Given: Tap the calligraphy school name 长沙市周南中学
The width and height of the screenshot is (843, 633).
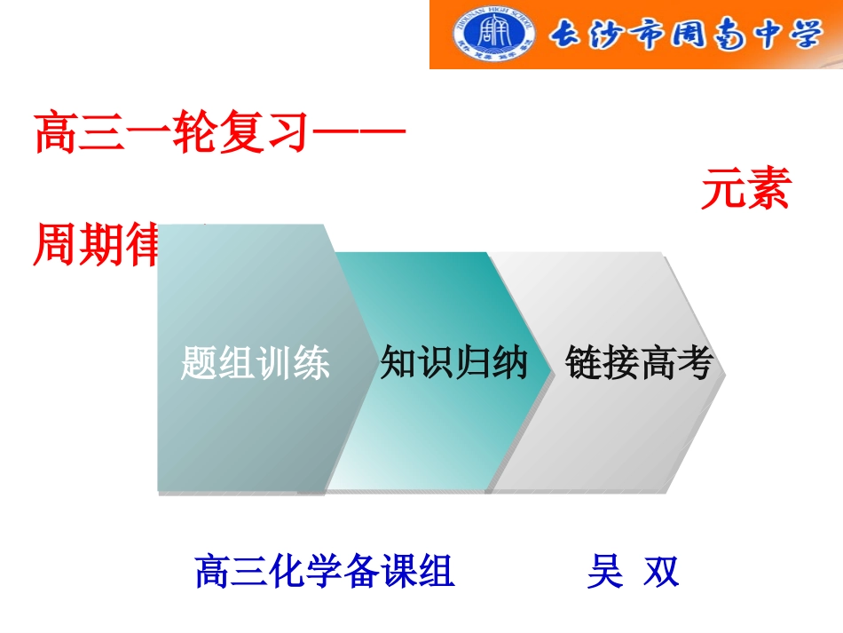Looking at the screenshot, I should click(x=686, y=36).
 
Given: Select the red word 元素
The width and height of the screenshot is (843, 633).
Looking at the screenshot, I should click(x=745, y=190).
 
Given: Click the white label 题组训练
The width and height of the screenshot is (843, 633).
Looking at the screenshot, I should click(x=255, y=363).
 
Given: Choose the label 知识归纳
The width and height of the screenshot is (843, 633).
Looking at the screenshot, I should click(x=453, y=363).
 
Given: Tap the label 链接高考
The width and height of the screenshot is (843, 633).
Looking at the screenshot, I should click(x=639, y=363).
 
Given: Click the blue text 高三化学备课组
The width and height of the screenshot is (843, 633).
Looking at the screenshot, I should click(x=325, y=571).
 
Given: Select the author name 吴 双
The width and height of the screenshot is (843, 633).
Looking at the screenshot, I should click(x=633, y=571).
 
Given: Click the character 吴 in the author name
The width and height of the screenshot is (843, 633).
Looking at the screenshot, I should click(x=604, y=571).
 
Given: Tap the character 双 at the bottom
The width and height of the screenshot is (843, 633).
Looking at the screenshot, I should click(x=661, y=571).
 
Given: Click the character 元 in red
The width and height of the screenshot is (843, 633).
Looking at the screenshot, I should click(x=721, y=190).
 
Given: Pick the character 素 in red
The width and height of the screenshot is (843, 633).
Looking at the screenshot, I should click(x=768, y=190).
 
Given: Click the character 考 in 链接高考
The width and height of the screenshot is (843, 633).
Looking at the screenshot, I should click(x=696, y=363).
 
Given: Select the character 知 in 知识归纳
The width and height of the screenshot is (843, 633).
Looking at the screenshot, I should click(x=398, y=363).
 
